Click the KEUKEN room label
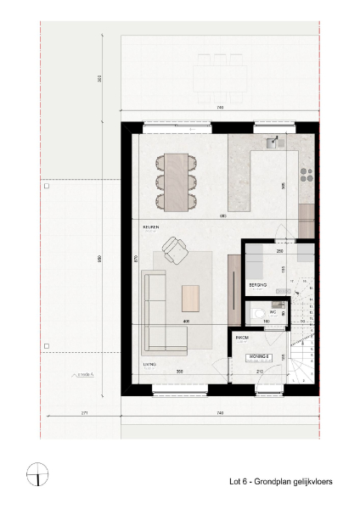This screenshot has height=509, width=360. click(x=151, y=227)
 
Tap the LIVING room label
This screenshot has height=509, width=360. click(x=149, y=365)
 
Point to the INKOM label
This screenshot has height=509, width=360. click(x=241, y=337)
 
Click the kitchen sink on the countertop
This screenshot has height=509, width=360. click(x=273, y=139)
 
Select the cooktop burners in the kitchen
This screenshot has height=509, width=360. click(x=306, y=174)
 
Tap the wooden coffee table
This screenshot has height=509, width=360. click(x=191, y=298)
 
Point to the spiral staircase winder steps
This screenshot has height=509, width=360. click(x=300, y=356)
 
